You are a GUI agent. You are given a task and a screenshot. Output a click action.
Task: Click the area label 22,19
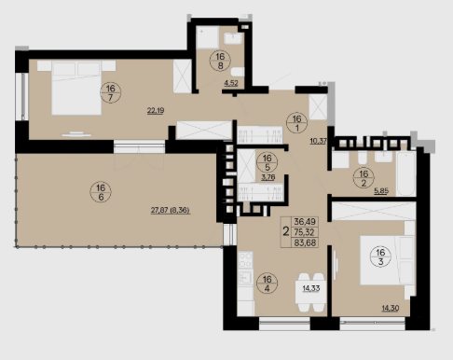pyautogui.click(x=156, y=111)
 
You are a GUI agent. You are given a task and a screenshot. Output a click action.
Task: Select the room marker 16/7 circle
pyautogui.click(x=111, y=92)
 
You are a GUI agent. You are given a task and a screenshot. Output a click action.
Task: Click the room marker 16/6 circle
pyautogui.click(x=101, y=192)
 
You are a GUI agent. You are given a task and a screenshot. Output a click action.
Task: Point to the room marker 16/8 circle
pyautogui.click(x=220, y=61)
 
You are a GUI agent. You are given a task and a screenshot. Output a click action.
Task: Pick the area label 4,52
pyautogui.click(x=231, y=83)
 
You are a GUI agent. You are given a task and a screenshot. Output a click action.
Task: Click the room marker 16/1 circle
pyautogui.click(x=296, y=123)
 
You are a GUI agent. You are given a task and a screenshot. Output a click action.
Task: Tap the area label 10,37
pyautogui.click(x=318, y=141)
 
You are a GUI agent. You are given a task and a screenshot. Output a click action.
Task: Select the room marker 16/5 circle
pyautogui.click(x=268, y=162)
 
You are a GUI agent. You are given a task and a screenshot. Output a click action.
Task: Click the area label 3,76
pyautogui.click(x=268, y=178)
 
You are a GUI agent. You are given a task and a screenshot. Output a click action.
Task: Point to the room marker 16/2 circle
pyautogui.click(x=364, y=178)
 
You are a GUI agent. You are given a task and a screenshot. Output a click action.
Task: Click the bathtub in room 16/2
pyautogui.click(x=405, y=173)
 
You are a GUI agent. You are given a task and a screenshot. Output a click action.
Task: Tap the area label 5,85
pyautogui.click(x=381, y=191)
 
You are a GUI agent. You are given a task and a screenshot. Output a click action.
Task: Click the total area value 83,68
pyautogui.click(x=305, y=242)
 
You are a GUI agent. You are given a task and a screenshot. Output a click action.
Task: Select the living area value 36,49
pyautogui.click(x=305, y=221)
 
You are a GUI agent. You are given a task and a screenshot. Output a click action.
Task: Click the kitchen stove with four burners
pyautogui.click(x=245, y=260)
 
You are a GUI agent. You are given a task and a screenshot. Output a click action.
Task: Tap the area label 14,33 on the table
pyautogui.click(x=311, y=288)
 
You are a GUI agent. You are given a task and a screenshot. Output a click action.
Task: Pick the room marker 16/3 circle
pyautogui.click(x=380, y=256)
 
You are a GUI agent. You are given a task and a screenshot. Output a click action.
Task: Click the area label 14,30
pyautogui.click(x=391, y=309)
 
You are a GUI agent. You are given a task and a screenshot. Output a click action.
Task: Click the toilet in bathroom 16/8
pyautogui.click(x=239, y=72)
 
